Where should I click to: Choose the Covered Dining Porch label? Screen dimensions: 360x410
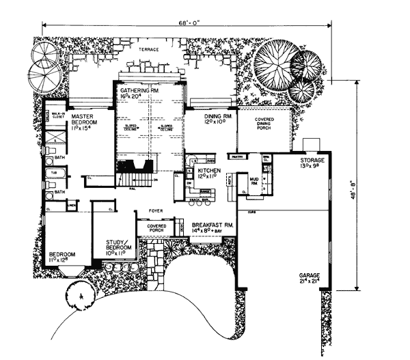coord(264,124)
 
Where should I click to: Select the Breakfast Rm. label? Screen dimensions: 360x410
coord(213,225)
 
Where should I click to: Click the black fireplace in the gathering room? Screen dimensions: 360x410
coord(134,166)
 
